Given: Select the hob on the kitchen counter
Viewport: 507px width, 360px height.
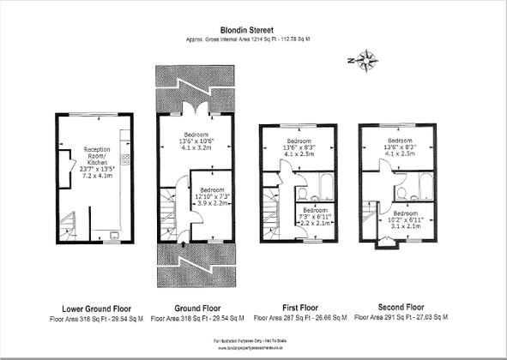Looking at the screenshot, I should click(x=124, y=160).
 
